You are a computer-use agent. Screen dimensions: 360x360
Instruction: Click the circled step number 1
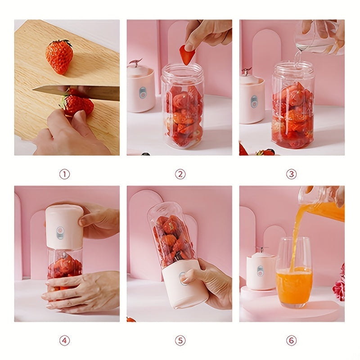coord(64,174)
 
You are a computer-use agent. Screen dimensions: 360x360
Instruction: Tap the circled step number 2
coord(180,174)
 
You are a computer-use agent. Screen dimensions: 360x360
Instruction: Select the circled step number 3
coord(291,174)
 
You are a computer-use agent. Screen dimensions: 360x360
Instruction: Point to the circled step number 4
coord(64,341)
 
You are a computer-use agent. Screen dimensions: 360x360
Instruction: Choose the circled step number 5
coord(180,341)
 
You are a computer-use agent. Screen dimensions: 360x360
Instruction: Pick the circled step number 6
coord(291,341)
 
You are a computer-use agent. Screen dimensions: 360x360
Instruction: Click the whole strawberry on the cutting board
coord(59,56)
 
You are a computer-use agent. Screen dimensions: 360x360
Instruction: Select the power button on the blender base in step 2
coord(143,92)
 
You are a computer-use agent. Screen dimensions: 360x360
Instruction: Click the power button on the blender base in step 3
coord(254,101)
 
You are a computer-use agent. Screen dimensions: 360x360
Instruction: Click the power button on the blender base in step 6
coord(261,271)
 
